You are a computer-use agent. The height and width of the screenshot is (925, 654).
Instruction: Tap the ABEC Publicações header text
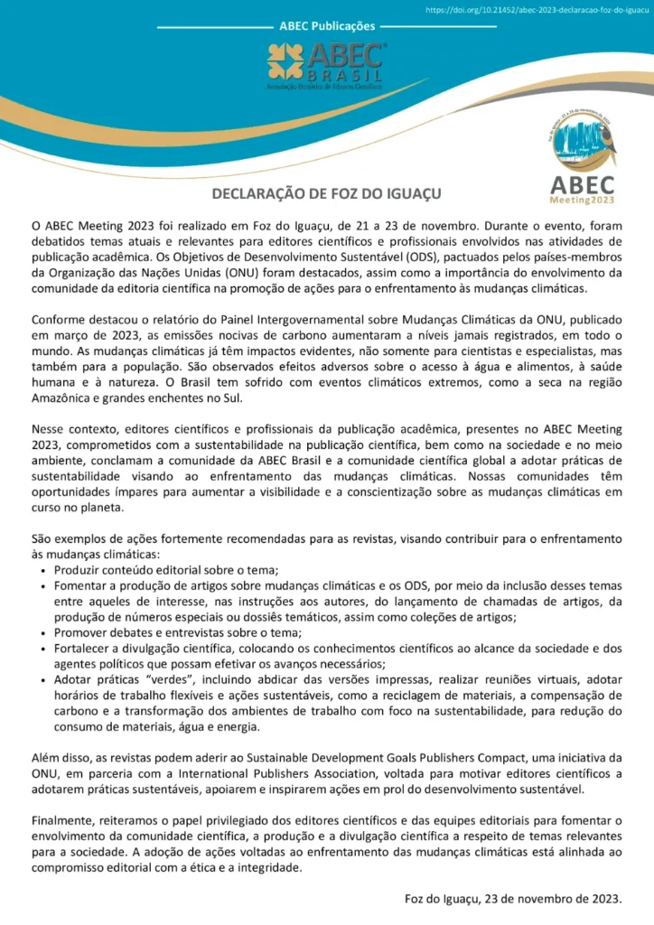click(328, 27)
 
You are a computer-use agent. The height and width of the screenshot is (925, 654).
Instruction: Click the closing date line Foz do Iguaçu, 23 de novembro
click(513, 899)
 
